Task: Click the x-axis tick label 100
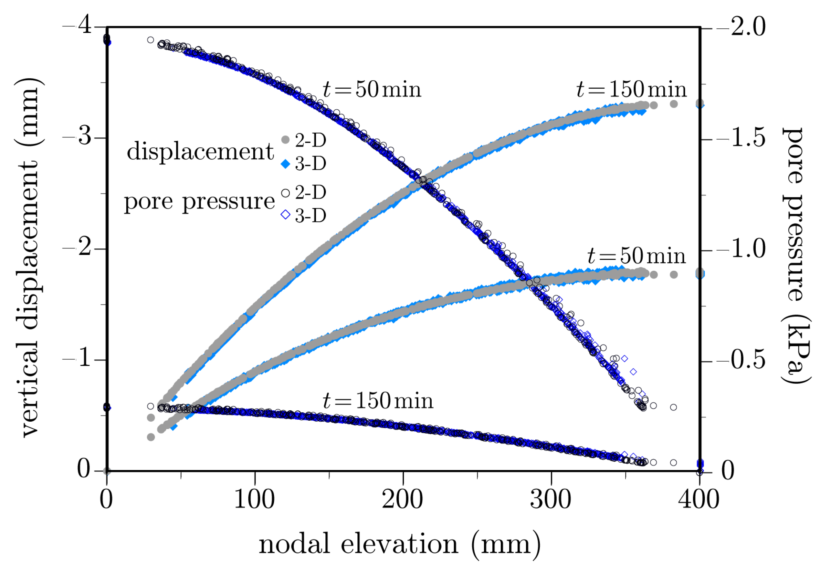[x=254, y=500]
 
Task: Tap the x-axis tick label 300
[x=551, y=500]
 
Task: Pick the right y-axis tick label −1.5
[x=742, y=138]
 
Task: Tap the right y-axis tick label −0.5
[x=742, y=361]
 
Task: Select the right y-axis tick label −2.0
[x=742, y=27]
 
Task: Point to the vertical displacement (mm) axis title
[x=30, y=257]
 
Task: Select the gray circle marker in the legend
[x=285, y=140]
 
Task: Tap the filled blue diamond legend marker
[x=285, y=164]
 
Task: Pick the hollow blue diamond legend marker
[x=285, y=215]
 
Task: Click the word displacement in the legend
[x=200, y=152]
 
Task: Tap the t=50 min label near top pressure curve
[x=372, y=90]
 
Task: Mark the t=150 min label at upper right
[x=631, y=90]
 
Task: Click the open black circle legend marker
[x=285, y=193]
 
